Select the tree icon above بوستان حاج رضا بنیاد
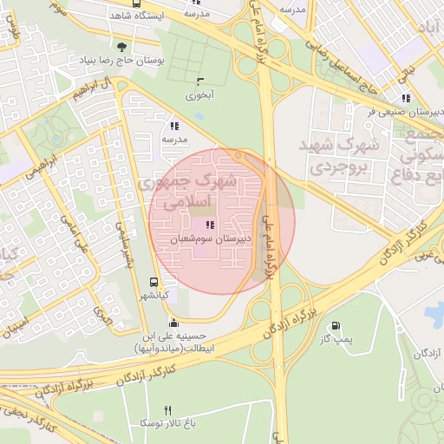pos(120,47)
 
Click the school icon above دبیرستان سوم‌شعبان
pos(210,225)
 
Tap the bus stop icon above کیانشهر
pos(153,283)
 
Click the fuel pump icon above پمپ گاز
pos(333,327)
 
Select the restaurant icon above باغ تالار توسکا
pos(168,409)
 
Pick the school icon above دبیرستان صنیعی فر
pos(405,98)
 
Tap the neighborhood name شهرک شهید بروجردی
pos(340,154)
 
